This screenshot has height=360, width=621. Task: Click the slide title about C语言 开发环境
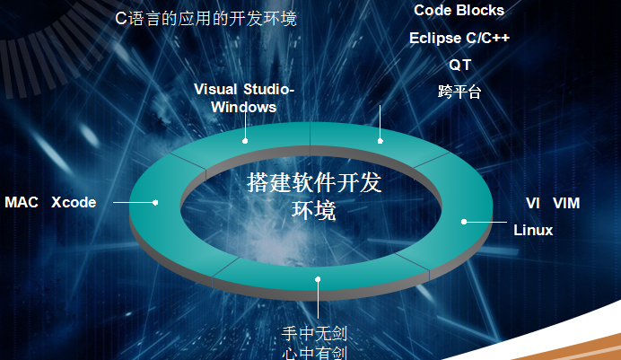click(206, 18)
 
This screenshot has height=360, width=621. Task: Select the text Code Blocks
click(459, 11)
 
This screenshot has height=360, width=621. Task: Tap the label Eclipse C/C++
click(459, 39)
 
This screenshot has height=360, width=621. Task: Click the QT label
click(459, 66)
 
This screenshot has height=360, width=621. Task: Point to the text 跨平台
click(459, 92)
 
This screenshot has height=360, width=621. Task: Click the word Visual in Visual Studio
click(216, 89)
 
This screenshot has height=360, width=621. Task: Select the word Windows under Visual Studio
click(243, 107)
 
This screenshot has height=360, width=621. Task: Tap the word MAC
click(22, 202)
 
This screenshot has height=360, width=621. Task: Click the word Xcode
click(74, 202)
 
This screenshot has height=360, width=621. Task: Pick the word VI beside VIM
click(534, 203)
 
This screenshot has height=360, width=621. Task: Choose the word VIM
click(566, 203)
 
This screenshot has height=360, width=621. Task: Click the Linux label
click(533, 231)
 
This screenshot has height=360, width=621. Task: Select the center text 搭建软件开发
click(314, 183)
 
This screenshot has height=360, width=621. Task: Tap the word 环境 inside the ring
click(314, 211)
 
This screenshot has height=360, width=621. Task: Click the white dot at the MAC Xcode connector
click(155, 202)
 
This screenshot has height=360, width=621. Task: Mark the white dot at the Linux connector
click(464, 221)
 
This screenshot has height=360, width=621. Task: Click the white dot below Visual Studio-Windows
click(244, 141)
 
